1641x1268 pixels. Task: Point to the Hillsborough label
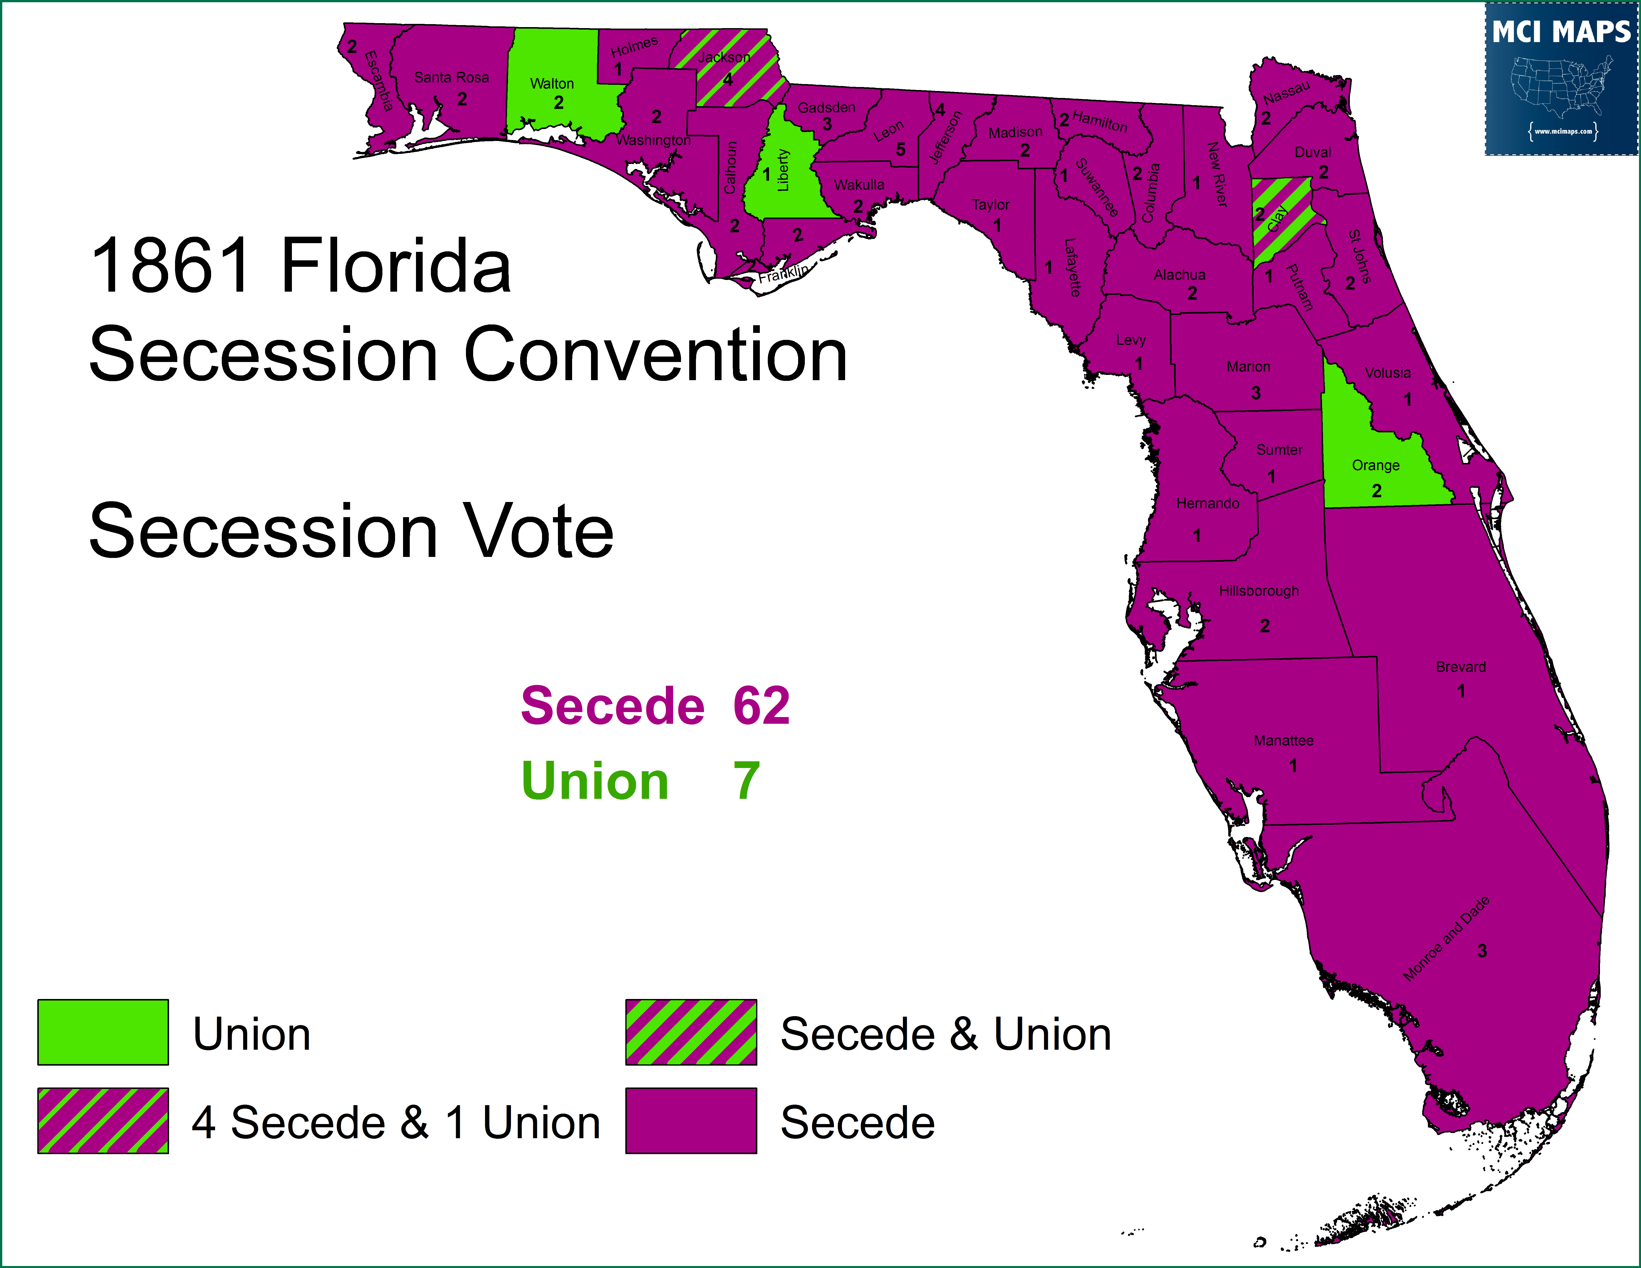tap(1259, 591)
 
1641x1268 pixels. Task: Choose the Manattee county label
tap(1283, 741)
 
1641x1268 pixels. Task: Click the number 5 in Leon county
tap(900, 149)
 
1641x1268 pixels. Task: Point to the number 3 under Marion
tap(1256, 393)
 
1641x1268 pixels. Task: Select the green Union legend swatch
tap(103, 1032)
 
